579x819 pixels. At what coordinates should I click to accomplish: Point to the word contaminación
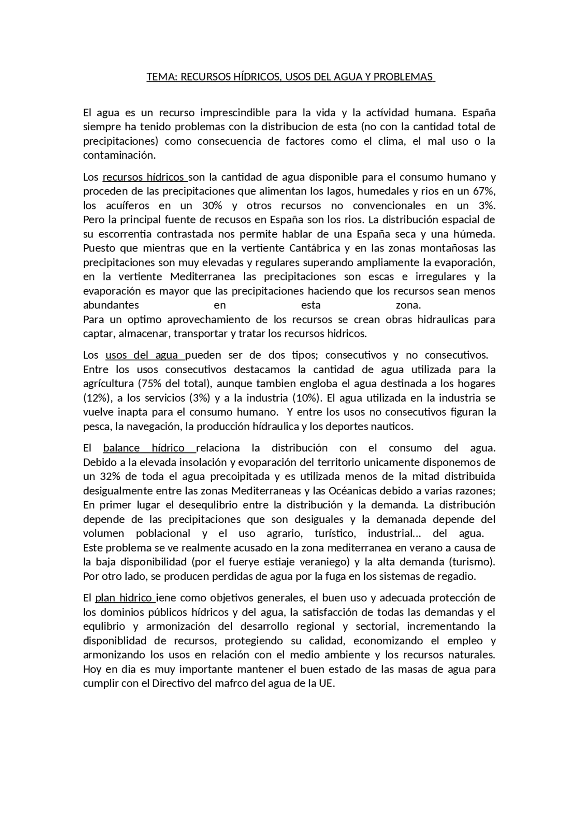119,156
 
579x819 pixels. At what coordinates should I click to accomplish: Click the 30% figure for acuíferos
212,206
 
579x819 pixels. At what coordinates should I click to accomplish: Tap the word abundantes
111,305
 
